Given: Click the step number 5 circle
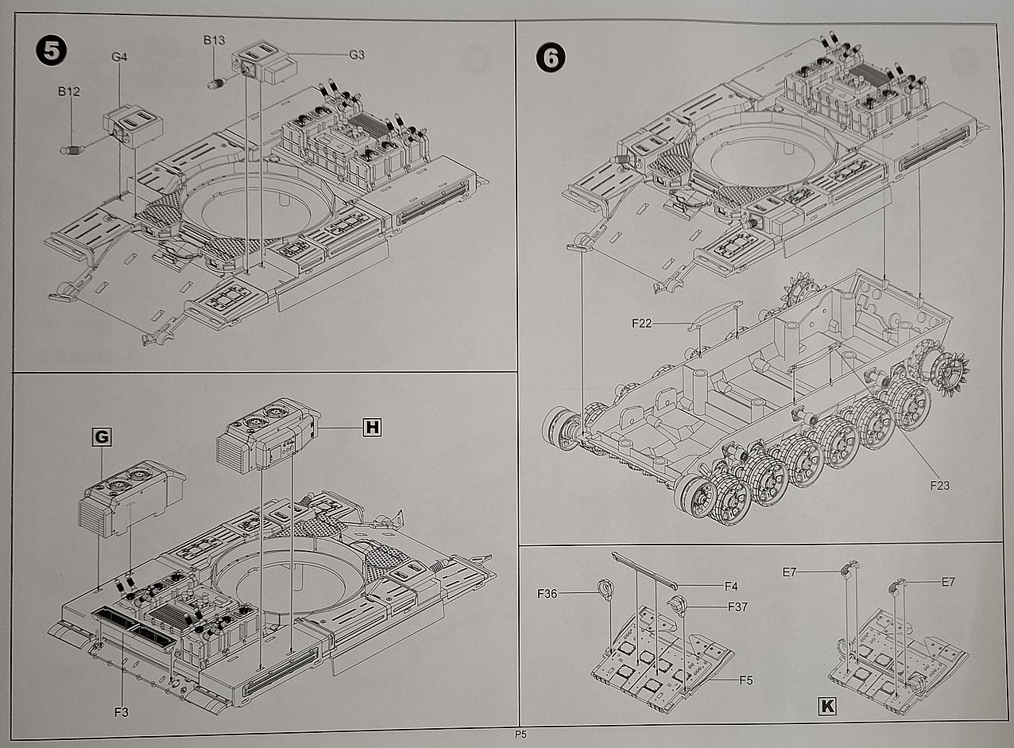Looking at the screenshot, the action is tap(51, 51).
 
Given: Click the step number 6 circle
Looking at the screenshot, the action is tap(551, 58).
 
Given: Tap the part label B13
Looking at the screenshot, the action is tap(214, 41).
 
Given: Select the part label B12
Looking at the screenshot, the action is tap(69, 91).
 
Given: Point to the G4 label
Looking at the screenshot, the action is tap(119, 57).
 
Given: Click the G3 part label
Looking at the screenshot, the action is tap(357, 55).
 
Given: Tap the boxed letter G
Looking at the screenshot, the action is tap(102, 436).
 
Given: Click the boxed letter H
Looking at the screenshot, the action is tap(372, 427).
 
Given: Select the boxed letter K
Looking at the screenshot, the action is tap(827, 706).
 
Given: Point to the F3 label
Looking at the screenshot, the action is tap(122, 712).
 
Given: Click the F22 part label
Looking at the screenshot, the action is tap(641, 324).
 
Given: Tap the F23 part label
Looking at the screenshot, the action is tap(940, 486).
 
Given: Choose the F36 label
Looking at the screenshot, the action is tap(547, 594).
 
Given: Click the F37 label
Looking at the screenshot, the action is tap(737, 607).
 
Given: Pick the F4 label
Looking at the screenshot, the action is tap(731, 587).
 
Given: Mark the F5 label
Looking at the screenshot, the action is tap(746, 680).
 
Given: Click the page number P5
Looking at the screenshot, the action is tap(521, 734).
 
